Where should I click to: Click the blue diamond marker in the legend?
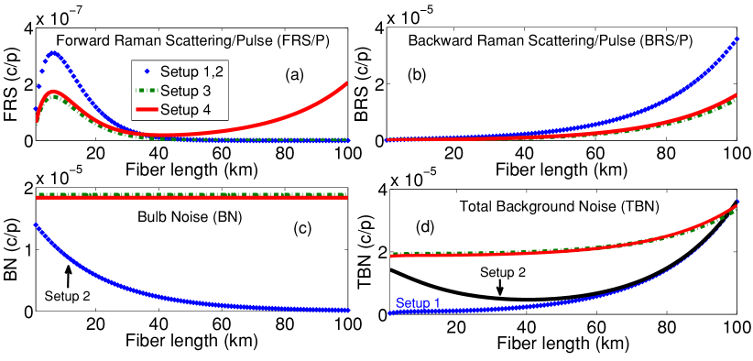pos(147,71)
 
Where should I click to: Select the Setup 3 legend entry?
pos(182,90)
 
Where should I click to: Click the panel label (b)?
pos(417,75)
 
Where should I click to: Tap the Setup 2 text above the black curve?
pos(502,272)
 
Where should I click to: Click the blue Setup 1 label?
pos(417,302)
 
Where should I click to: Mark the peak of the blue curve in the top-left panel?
pos(54,53)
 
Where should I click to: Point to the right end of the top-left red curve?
pos(347,83)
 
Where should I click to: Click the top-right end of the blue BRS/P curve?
pos(737,40)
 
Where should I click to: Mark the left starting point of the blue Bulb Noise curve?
pos(37,225)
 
